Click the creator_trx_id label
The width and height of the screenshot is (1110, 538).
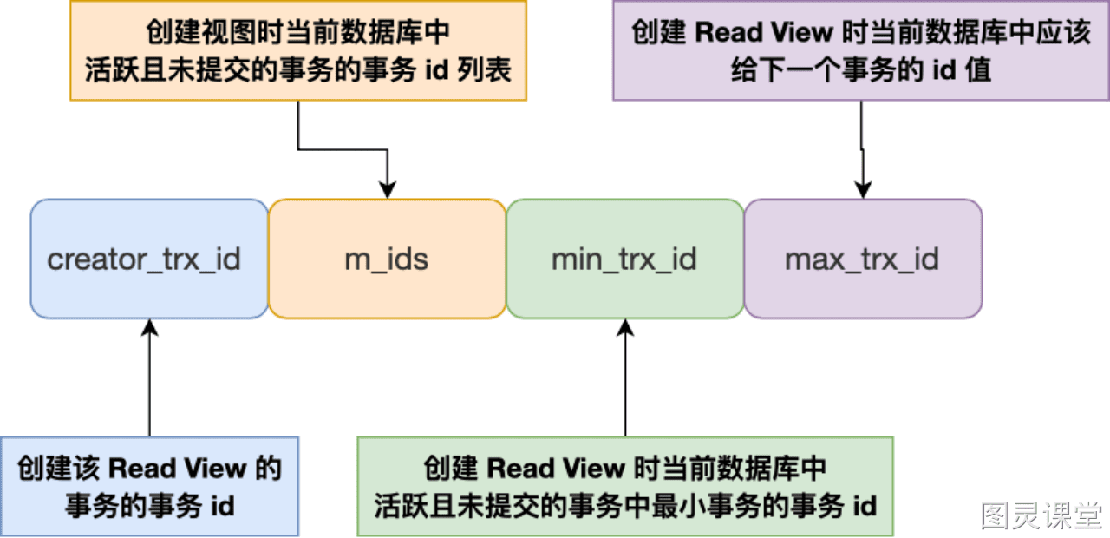144,259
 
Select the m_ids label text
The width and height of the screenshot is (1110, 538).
387,259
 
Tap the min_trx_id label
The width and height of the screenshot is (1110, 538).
624,259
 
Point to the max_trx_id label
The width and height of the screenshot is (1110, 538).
862,259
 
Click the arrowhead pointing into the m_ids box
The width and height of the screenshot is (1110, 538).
388,190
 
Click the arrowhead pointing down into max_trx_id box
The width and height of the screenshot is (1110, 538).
863,190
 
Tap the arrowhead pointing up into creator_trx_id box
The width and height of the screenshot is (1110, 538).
150,328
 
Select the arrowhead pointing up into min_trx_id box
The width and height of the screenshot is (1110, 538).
625,328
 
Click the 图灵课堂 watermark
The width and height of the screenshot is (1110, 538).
1041,515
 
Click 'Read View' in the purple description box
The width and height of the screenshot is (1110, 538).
765,33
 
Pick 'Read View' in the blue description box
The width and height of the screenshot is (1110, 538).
177,469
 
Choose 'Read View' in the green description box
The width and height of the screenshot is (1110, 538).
556,469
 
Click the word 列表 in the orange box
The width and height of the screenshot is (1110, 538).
484,70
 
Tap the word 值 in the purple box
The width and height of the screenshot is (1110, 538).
978,70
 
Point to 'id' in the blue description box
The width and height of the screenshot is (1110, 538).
223,506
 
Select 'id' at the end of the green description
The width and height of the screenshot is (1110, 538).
865,506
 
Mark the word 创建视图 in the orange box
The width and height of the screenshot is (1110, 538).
201,33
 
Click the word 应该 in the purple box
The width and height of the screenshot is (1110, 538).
1064,33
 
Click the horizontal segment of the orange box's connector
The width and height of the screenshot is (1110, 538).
343,148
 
